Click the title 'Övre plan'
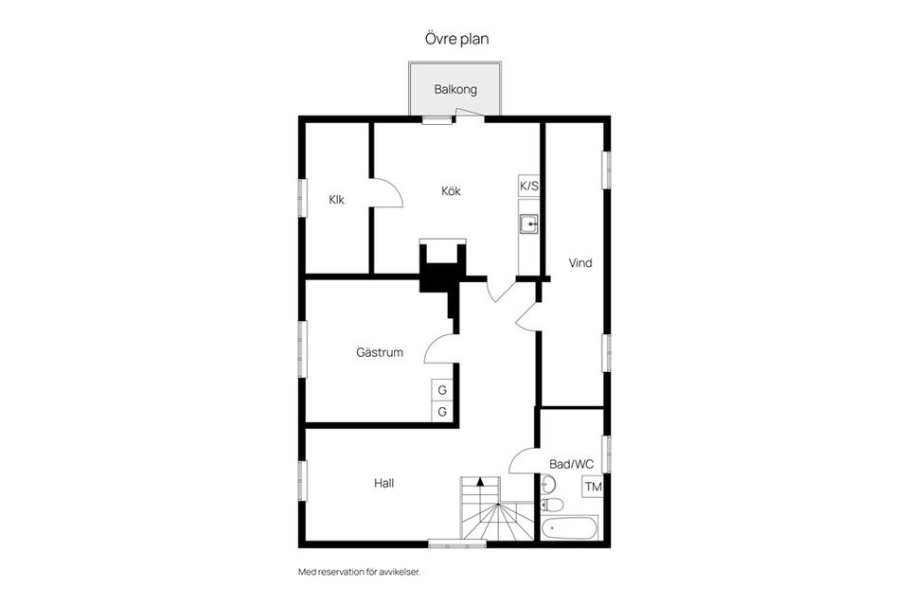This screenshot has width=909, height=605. [x=456, y=39]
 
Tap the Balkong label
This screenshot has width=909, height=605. [x=455, y=90]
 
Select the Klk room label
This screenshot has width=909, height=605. [x=336, y=200]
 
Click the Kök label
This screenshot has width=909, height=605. [x=451, y=190]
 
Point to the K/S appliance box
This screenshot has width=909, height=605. [x=528, y=186]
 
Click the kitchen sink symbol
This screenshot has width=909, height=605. [x=528, y=223]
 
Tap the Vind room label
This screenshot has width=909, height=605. [x=580, y=263]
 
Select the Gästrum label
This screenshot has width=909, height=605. [x=380, y=352]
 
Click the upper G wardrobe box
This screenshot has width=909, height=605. [x=442, y=391]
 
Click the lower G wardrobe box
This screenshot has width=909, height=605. [x=442, y=412]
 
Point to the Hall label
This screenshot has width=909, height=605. [x=383, y=483]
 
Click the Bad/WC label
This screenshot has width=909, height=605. [x=572, y=464]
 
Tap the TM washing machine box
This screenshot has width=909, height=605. [x=593, y=487]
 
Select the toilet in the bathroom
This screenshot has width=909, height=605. [x=551, y=505]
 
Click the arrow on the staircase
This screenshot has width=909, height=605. [x=480, y=481]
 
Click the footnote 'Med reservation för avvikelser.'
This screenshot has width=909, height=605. [x=360, y=572]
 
